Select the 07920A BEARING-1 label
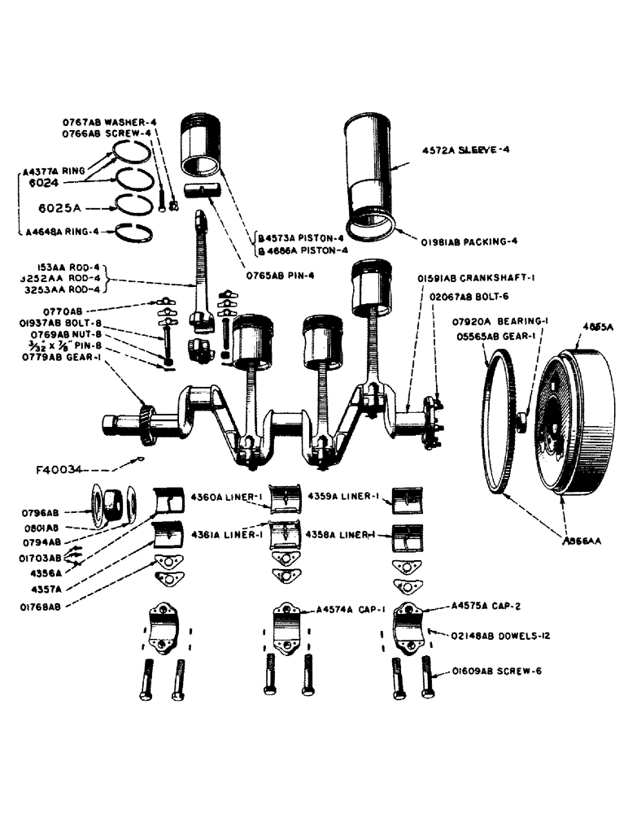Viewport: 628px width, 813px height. pyautogui.click(x=502, y=321)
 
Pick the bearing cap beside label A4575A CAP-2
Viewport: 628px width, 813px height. pyautogui.click(x=410, y=625)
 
